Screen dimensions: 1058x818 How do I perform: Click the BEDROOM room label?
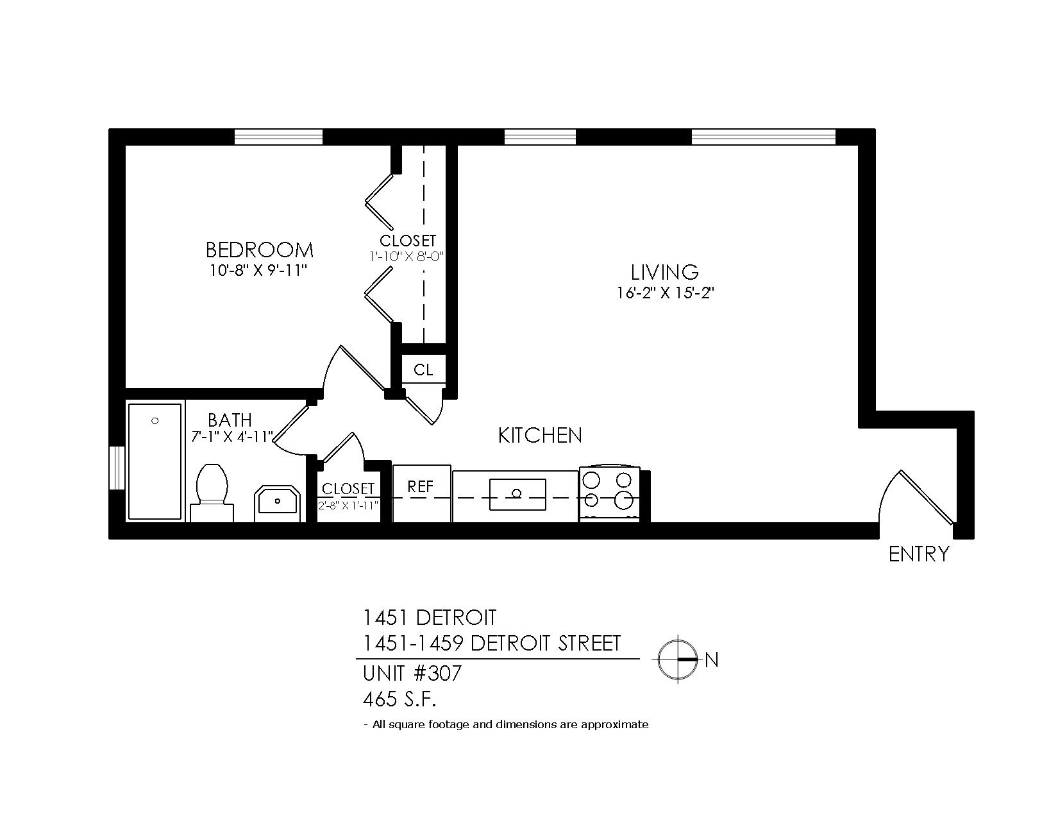click(x=260, y=250)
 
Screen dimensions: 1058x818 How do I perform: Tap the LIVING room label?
click(x=664, y=272)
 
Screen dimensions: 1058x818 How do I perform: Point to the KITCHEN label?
click(x=540, y=435)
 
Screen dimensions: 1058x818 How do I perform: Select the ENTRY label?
click(x=919, y=554)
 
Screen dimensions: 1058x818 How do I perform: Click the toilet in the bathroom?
click(x=212, y=493)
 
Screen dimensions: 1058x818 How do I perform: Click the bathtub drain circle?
click(x=155, y=421)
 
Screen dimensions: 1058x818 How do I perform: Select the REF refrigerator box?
click(x=422, y=493)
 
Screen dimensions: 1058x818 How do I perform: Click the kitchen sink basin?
click(x=517, y=495)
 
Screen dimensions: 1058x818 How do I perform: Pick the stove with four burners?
click(x=610, y=494)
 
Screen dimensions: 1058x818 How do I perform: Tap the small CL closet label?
click(x=423, y=370)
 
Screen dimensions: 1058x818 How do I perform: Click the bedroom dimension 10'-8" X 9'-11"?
click(x=258, y=270)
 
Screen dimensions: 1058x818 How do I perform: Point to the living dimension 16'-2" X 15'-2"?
click(x=665, y=293)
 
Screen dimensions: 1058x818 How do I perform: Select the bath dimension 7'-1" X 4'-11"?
click(x=231, y=436)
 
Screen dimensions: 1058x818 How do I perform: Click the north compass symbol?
click(x=678, y=660)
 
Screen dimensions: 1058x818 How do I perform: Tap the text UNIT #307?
click(x=412, y=674)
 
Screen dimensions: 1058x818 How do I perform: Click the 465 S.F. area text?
click(x=399, y=699)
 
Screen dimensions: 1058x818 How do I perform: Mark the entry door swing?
click(x=916, y=498)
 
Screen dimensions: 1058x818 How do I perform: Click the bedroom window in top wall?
click(x=278, y=137)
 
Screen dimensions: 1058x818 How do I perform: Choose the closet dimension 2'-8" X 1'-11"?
click(x=348, y=506)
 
